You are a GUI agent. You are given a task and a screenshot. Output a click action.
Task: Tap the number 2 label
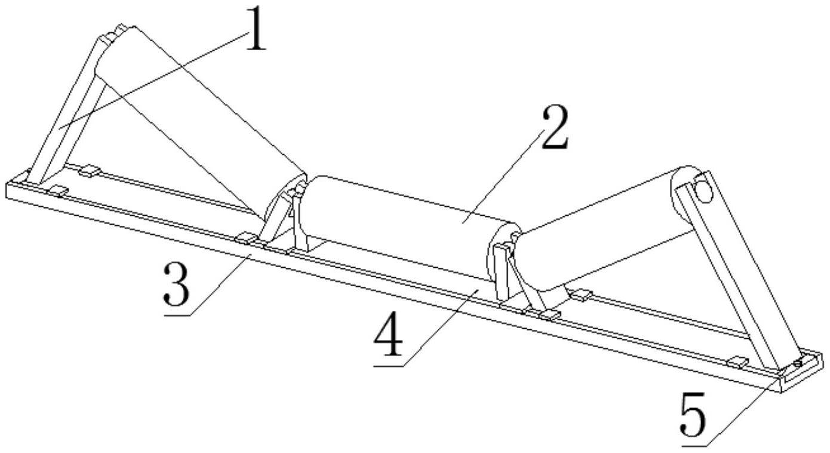(554, 127)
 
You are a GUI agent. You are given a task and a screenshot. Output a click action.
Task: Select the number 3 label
(177, 284)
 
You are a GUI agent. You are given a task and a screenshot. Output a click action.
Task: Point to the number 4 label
(388, 339)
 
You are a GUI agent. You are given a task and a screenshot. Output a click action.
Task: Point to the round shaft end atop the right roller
(703, 190)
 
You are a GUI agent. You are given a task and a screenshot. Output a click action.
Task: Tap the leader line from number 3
(221, 281)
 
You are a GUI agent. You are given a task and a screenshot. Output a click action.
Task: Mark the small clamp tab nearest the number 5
(739, 361)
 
